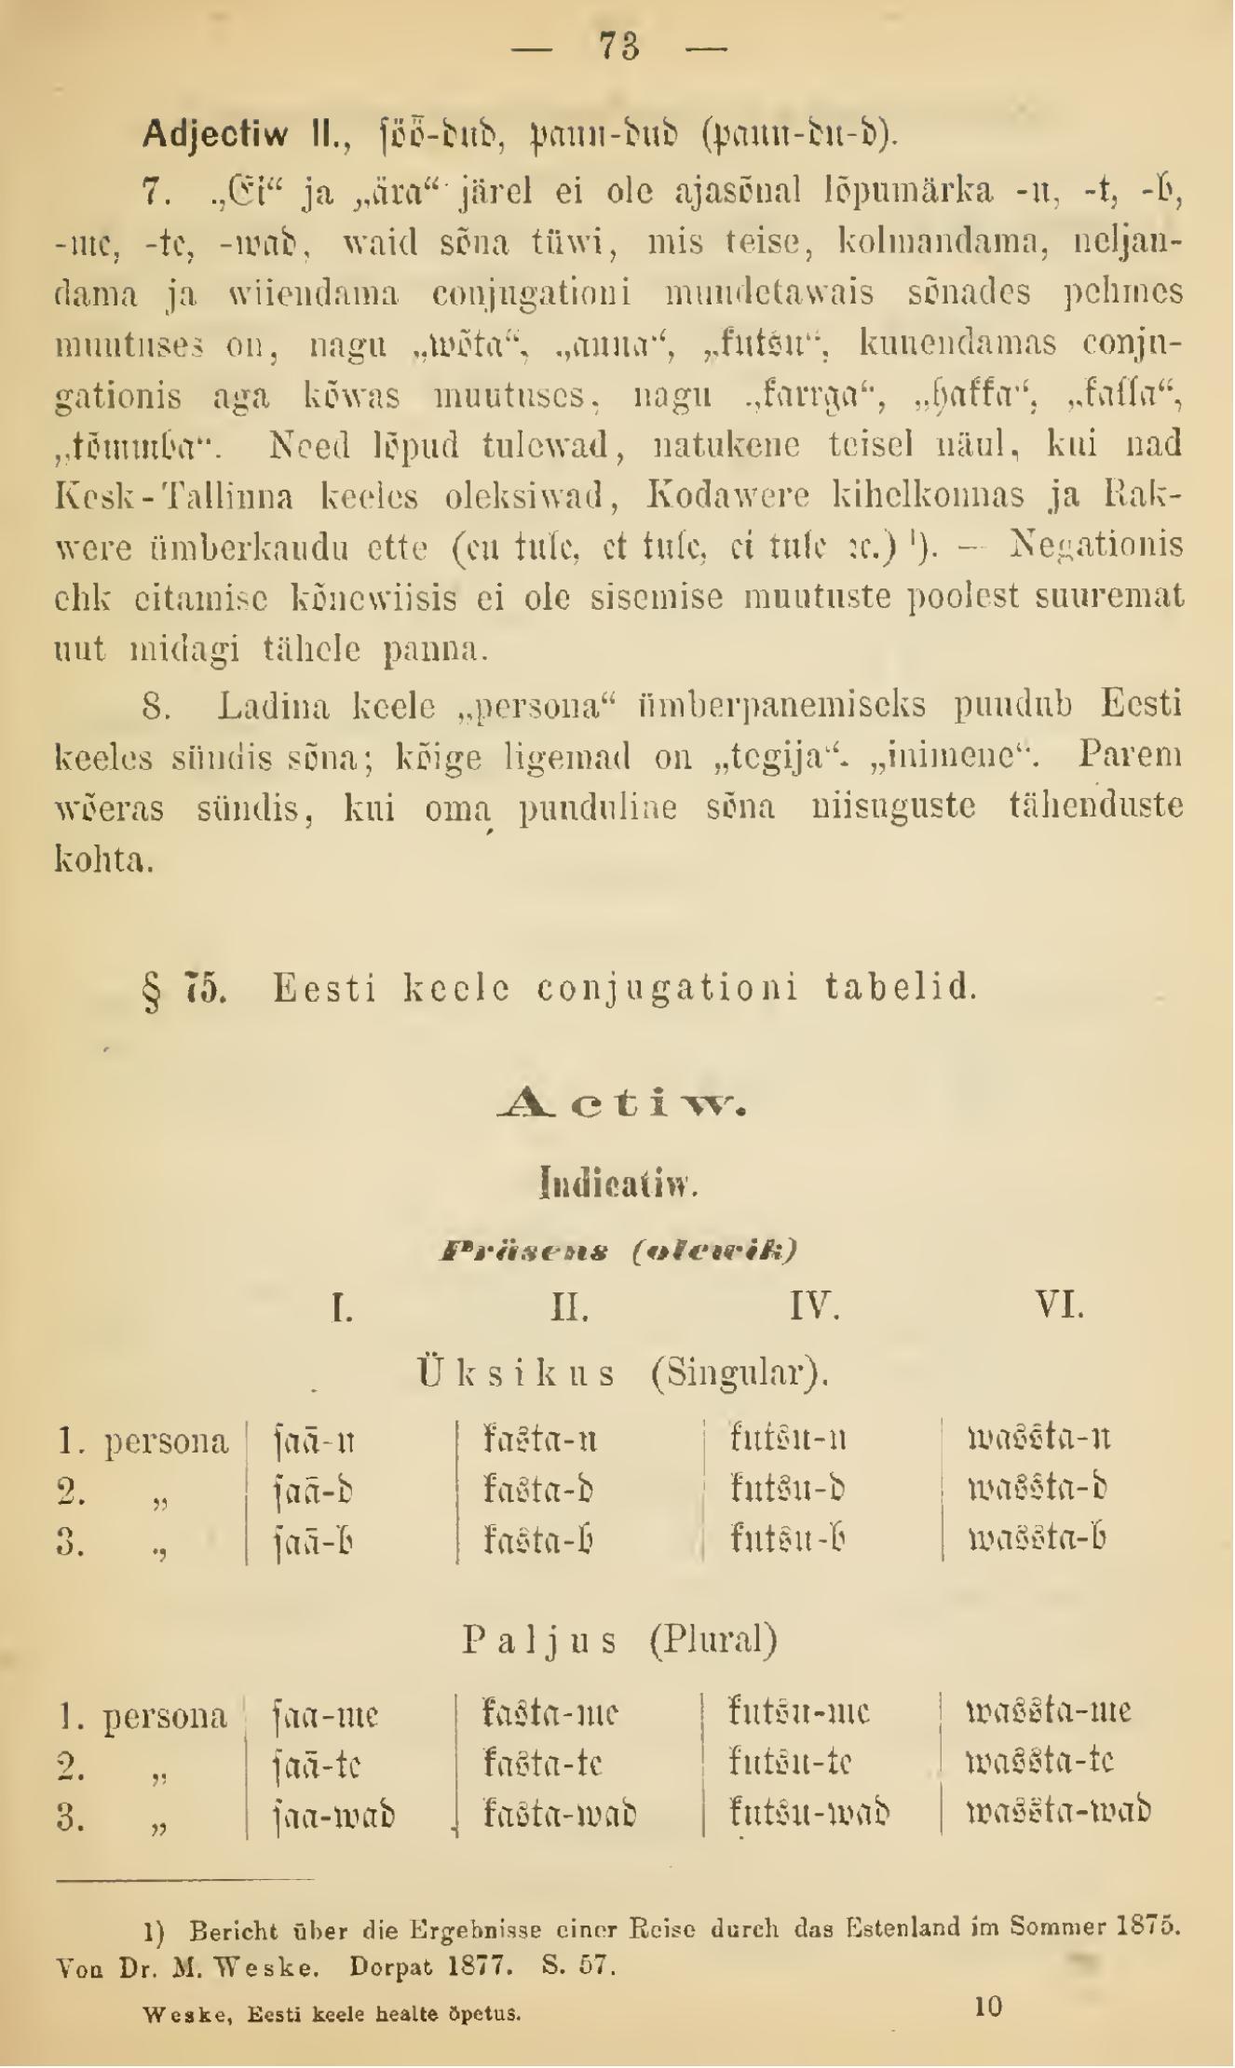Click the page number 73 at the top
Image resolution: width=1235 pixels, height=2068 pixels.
(x=618, y=46)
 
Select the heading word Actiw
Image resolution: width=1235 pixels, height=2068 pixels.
(x=619, y=1105)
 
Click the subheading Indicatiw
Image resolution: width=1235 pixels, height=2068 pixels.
(x=618, y=1184)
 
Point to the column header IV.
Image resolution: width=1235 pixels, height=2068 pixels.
(x=814, y=1306)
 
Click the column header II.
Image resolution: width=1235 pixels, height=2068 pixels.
(x=570, y=1307)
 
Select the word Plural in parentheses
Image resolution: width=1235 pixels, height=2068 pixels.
(x=712, y=1640)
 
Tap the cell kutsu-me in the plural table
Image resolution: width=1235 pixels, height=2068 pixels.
(x=799, y=1712)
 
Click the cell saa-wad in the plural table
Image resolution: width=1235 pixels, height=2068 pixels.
(x=334, y=1815)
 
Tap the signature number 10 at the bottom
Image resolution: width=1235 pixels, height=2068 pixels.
(x=988, y=2007)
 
